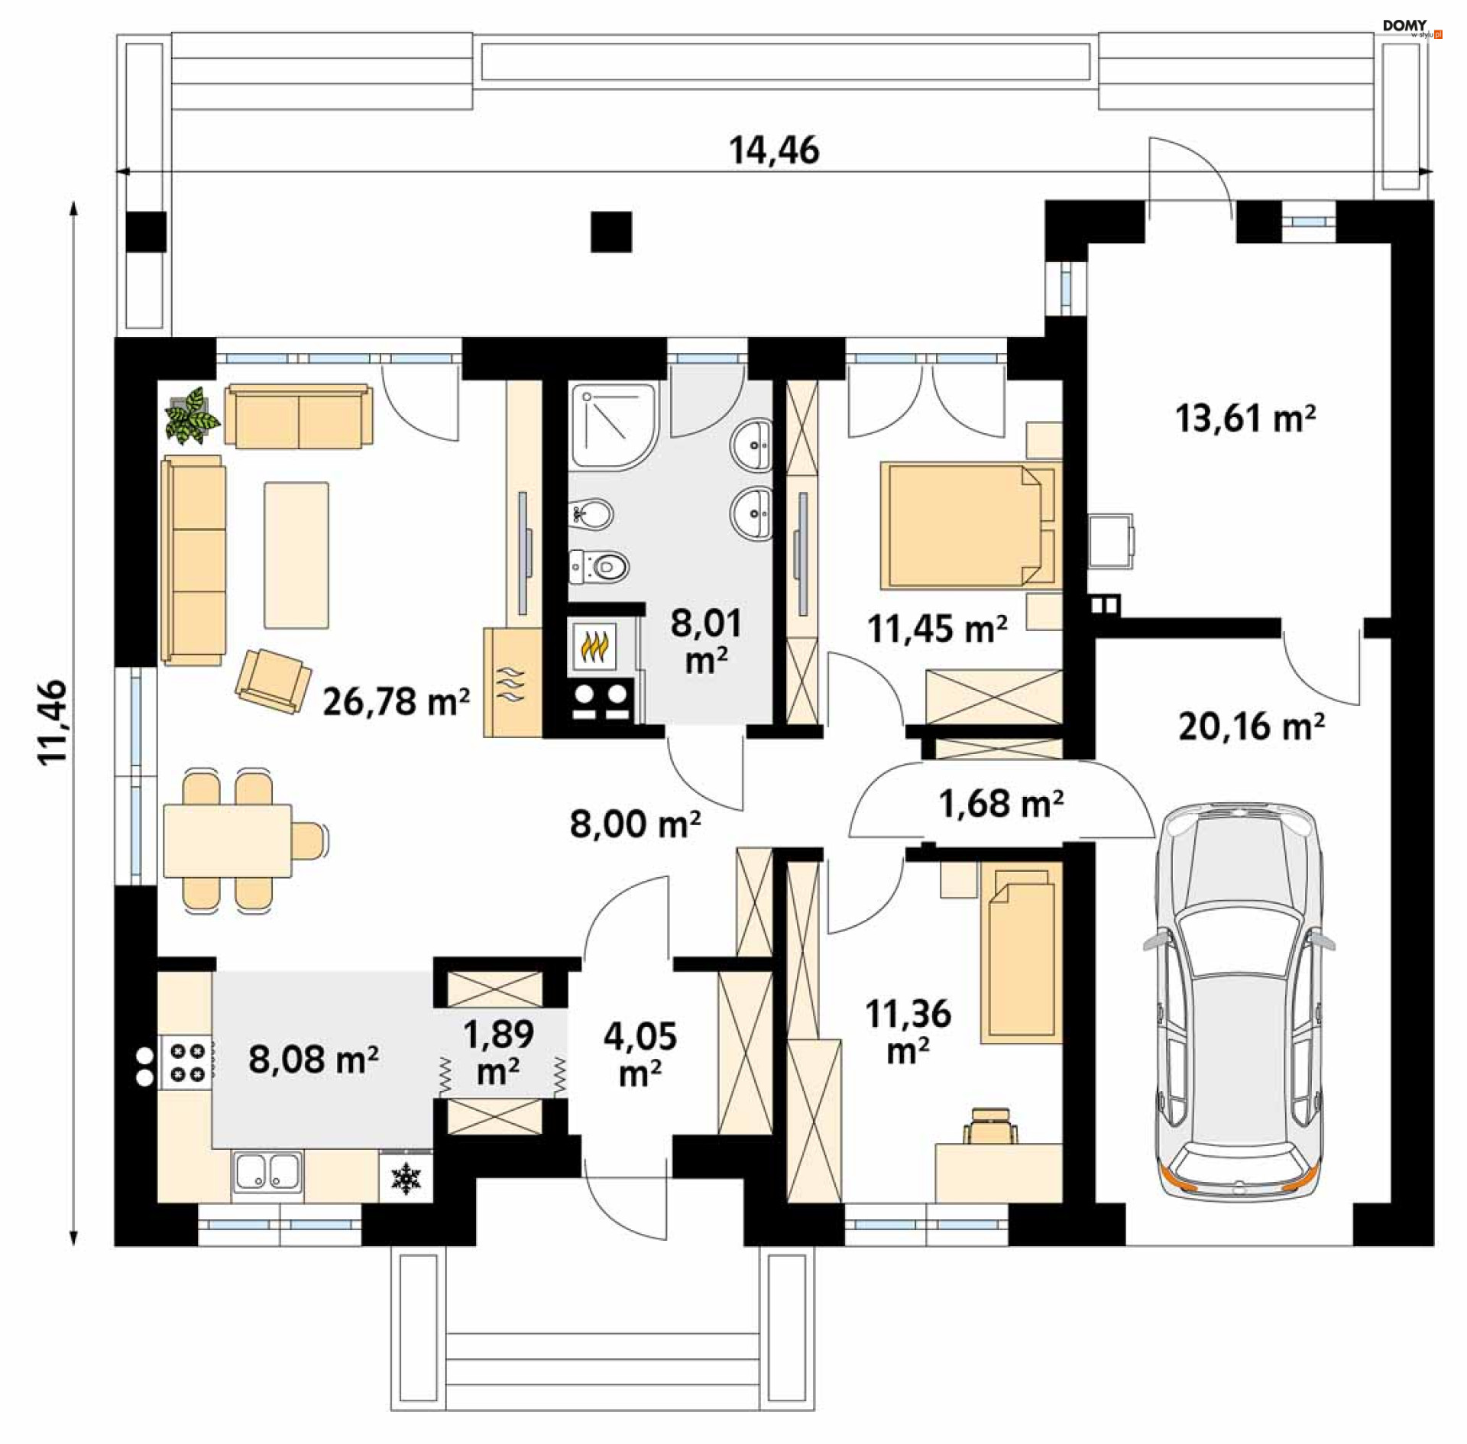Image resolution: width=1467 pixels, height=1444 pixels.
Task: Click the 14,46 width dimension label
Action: click(x=774, y=151)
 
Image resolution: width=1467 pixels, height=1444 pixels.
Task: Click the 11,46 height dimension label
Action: click(x=53, y=722)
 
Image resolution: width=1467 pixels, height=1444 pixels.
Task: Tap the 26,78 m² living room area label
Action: click(x=396, y=701)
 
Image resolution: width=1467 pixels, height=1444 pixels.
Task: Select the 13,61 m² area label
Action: click(x=1245, y=418)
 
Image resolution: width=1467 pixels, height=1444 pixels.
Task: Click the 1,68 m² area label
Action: click(x=1001, y=804)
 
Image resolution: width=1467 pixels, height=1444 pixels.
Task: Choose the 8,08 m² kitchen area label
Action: click(x=313, y=1060)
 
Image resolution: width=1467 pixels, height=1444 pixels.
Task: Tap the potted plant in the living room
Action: click(x=191, y=415)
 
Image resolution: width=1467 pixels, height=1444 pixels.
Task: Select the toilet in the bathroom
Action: click(x=600, y=566)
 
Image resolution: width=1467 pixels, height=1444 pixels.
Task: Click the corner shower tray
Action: click(x=614, y=426)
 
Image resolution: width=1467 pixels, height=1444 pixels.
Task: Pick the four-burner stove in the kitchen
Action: click(x=186, y=1062)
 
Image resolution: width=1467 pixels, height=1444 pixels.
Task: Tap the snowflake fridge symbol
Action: click(x=406, y=1179)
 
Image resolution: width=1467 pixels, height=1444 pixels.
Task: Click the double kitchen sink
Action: click(x=267, y=1171)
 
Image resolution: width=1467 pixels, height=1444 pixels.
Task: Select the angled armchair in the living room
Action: click(x=273, y=681)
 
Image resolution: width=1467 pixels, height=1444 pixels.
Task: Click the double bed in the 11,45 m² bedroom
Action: click(x=971, y=525)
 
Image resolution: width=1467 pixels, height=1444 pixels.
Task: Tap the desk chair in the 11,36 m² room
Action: click(x=991, y=1127)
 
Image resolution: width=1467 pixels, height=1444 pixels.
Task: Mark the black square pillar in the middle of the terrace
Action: click(x=611, y=231)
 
